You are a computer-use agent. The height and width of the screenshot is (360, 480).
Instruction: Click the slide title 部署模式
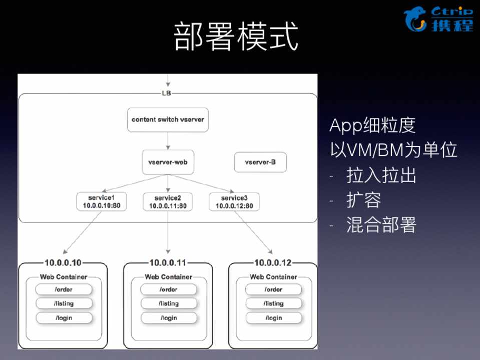tap(236, 36)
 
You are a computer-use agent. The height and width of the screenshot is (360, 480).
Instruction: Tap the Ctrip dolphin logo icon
tap(415, 19)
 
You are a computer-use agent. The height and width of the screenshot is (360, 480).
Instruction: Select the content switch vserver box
tap(168, 119)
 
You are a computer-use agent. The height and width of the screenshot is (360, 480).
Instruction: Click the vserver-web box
tap(168, 162)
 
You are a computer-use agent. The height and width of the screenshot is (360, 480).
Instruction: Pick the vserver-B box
tap(260, 162)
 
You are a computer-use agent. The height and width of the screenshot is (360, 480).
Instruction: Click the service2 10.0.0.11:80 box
tap(168, 201)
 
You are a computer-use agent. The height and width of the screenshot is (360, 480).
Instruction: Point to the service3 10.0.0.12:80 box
tap(234, 201)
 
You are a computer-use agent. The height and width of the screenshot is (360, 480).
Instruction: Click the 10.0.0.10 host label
tap(63, 262)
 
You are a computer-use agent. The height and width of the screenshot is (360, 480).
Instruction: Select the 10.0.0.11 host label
tap(168, 262)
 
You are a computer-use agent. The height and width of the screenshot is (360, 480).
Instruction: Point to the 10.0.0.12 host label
tap(273, 262)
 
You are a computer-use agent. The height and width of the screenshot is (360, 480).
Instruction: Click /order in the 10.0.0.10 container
tap(64, 289)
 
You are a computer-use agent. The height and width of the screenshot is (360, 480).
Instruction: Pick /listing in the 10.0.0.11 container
tap(169, 303)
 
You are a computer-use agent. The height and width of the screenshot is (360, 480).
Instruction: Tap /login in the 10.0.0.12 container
tap(274, 318)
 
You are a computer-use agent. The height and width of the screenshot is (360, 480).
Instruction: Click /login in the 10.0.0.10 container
tap(64, 318)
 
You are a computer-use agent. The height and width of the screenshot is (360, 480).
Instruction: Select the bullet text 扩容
tap(364, 200)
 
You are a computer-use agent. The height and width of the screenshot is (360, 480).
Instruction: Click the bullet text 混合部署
tap(381, 225)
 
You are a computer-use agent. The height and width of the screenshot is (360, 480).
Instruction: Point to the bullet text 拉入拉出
tap(381, 175)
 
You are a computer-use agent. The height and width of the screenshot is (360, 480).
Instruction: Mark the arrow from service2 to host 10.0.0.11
tap(168, 232)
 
